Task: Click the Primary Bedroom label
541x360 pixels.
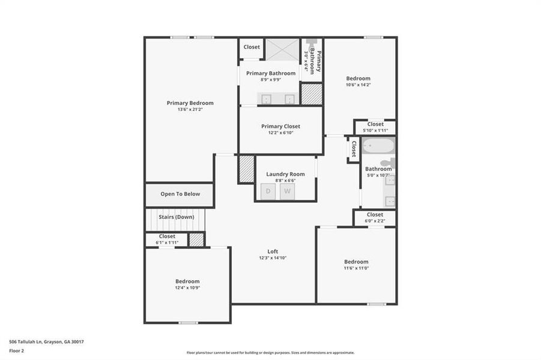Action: click(190, 103)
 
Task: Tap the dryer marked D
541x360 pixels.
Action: click(268, 191)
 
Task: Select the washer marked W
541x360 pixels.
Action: click(288, 191)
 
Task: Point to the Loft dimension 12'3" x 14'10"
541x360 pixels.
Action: click(273, 258)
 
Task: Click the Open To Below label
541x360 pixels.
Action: click(180, 194)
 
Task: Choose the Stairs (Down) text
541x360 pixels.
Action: click(176, 217)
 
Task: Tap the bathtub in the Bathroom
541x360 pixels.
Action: click(378, 146)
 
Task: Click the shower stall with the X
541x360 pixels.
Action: click(282, 50)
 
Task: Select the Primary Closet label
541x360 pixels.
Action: click(280, 127)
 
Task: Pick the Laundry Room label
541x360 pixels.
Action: click(285, 175)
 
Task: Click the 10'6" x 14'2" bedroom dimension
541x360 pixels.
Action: click(358, 85)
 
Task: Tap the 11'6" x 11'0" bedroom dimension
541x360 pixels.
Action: click(356, 268)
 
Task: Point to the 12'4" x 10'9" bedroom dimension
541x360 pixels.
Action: click(187, 288)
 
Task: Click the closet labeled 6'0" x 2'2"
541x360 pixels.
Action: click(375, 218)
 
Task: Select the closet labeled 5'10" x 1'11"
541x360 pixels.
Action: click(375, 127)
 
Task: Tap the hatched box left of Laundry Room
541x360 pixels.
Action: click(246, 169)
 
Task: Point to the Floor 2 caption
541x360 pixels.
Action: click(17, 351)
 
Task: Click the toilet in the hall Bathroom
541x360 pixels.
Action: click(388, 163)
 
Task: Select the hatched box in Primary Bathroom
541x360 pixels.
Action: click(311, 94)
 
